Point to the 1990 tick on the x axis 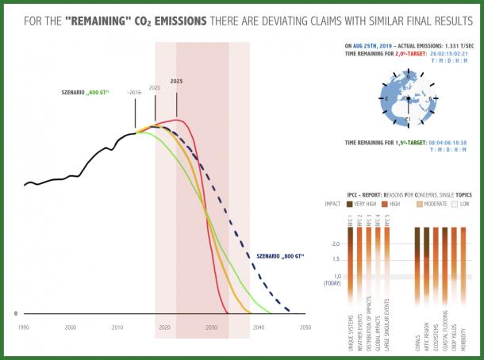[24, 327]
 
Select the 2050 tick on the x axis [305, 327]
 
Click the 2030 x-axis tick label [211, 327]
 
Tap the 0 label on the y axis [16, 314]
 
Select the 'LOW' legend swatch [455, 204]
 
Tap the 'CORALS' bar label [417, 342]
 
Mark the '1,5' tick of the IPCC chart [336, 259]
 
